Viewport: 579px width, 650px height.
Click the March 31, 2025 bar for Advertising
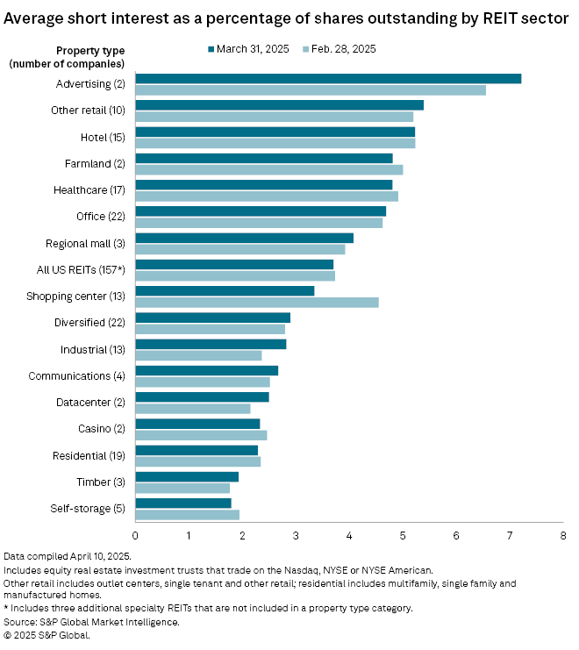pos(328,79)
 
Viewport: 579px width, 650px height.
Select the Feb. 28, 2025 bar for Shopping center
pos(257,303)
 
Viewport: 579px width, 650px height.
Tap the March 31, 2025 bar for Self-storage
pos(183,503)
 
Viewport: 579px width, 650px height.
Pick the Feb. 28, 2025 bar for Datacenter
pos(193,408)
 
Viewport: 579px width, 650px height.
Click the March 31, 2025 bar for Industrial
pos(211,344)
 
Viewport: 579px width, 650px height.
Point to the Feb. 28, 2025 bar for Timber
pos(182,488)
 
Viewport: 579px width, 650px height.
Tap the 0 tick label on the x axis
pos(136,534)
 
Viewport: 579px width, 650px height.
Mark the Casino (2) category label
pos(101,428)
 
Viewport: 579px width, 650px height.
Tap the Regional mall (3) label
pos(85,243)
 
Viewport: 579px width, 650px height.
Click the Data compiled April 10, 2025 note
pos(68,557)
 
